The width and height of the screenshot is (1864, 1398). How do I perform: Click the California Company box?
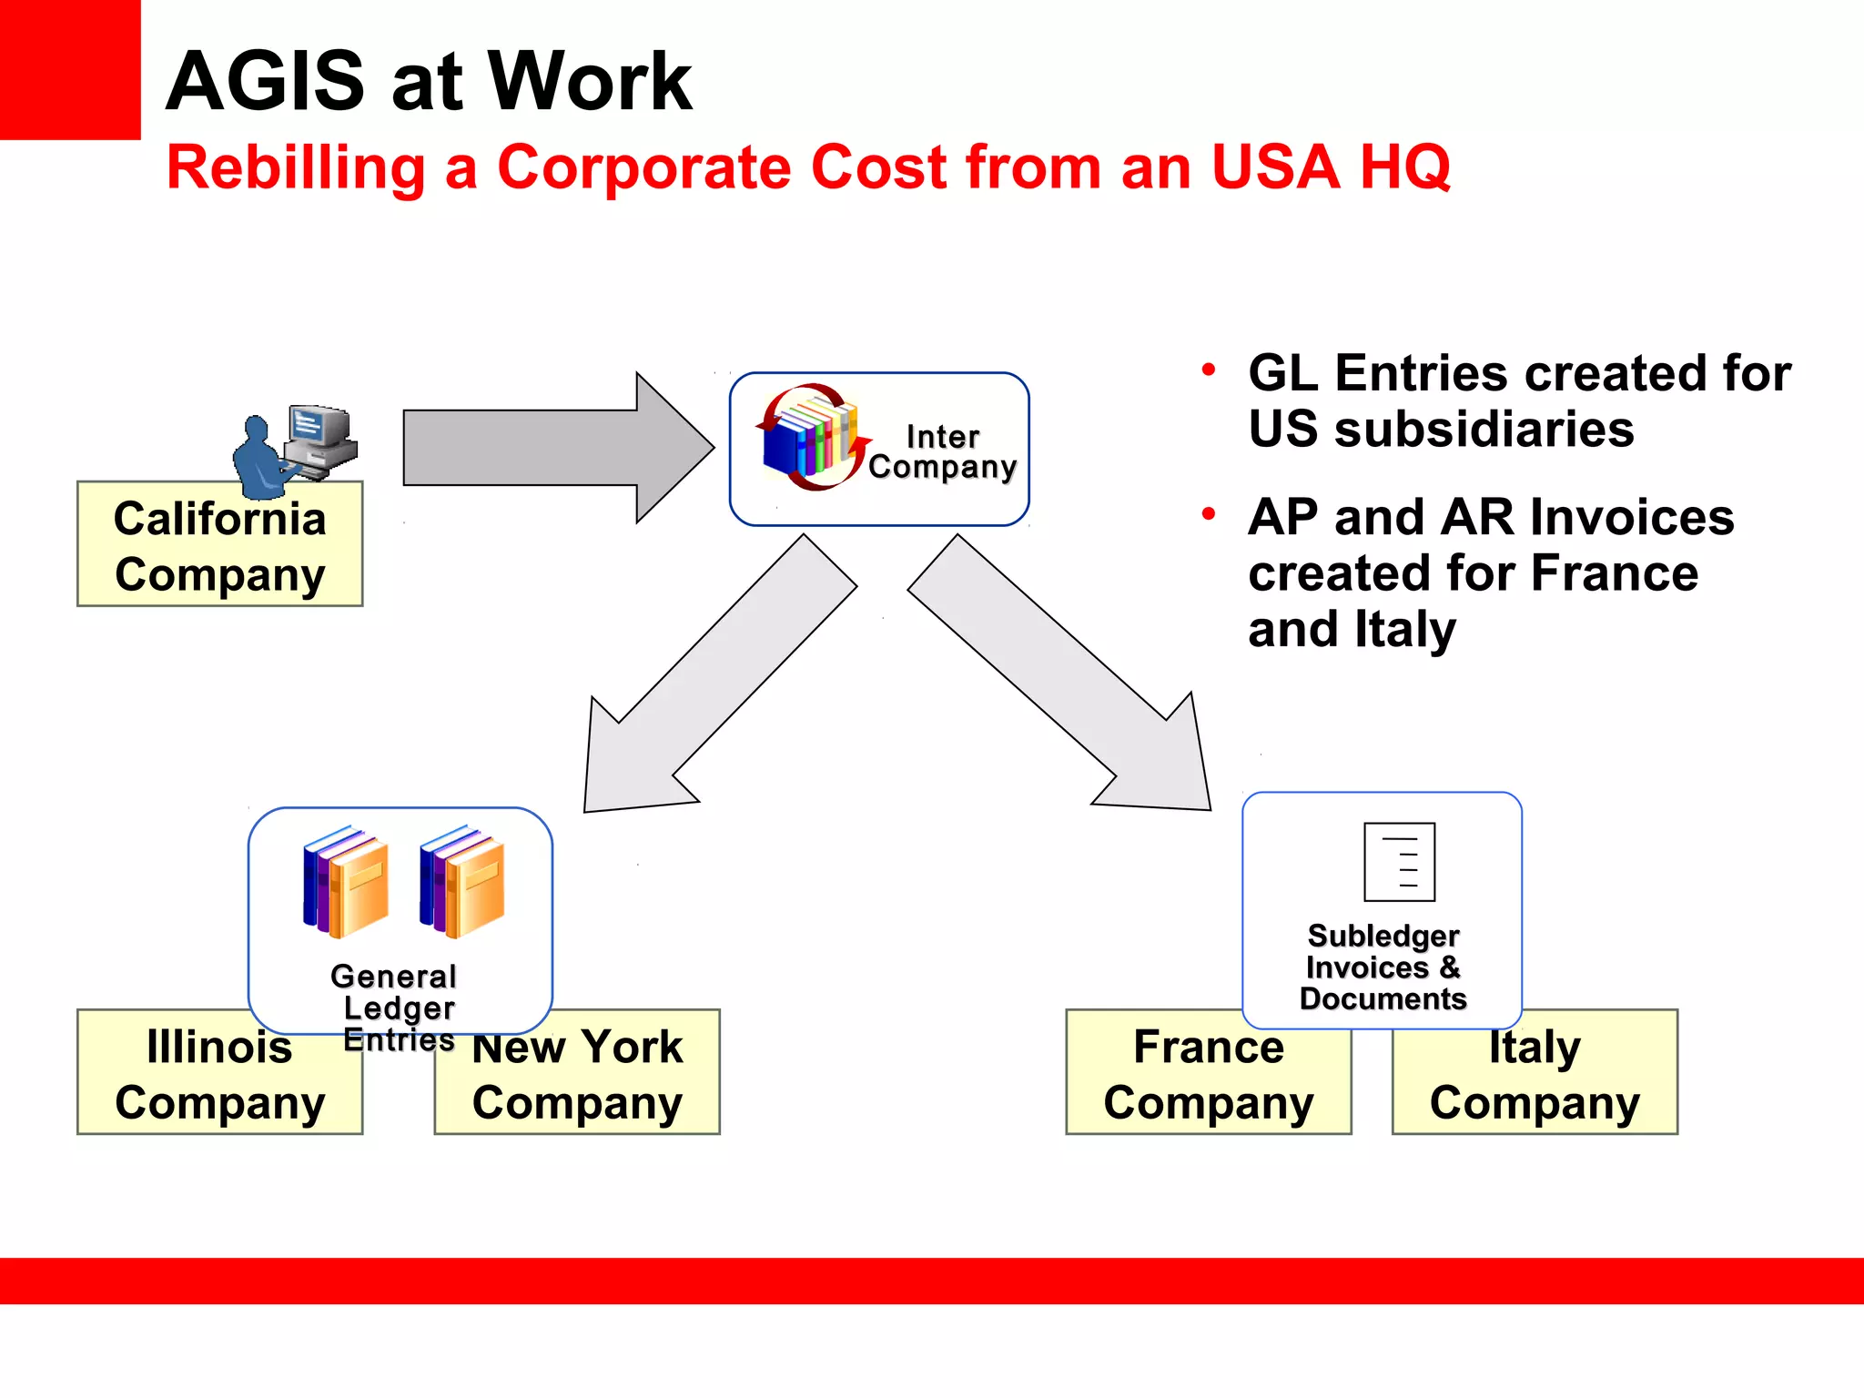[219, 546]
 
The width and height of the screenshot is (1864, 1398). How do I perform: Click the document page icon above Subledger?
[1399, 861]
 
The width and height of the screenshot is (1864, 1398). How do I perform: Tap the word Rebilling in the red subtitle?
[296, 168]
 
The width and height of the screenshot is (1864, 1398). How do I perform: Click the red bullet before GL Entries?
[1209, 370]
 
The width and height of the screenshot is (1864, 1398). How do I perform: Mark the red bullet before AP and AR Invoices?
[1209, 514]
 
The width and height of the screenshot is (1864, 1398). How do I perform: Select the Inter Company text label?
[942, 451]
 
